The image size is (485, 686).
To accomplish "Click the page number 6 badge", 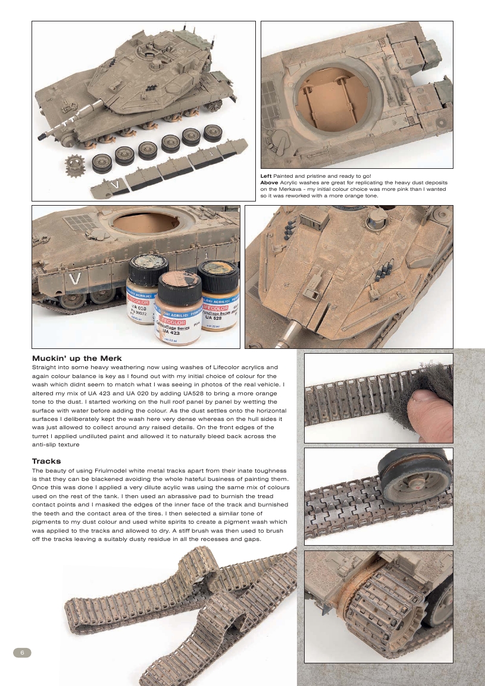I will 22,652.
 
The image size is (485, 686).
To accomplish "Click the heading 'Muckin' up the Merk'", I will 77,358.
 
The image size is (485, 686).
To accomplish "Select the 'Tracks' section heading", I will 46,461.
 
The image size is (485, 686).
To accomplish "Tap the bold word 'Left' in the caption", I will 266,177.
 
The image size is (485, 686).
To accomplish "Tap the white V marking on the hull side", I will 74,279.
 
